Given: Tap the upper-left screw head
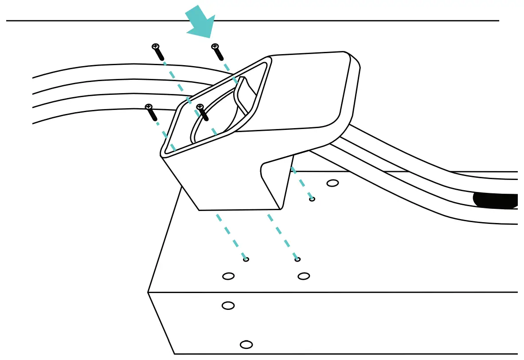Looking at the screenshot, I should [155, 47].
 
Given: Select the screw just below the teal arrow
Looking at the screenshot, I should [215, 47].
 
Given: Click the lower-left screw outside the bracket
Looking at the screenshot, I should [149, 107].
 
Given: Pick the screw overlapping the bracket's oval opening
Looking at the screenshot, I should [200, 107].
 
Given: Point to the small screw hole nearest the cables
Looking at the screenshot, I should [312, 199].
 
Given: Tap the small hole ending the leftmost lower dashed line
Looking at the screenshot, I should [246, 259].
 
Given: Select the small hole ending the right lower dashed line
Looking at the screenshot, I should [297, 259].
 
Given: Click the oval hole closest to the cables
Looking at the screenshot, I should [332, 183].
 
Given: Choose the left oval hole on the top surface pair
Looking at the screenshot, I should [228, 276].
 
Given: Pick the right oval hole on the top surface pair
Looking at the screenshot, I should [304, 276].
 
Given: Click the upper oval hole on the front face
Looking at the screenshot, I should [228, 305].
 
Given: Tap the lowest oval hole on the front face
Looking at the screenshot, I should [246, 344].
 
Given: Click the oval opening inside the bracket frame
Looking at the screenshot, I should [213, 120].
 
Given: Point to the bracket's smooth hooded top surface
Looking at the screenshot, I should [306, 89].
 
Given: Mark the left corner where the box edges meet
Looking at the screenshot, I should [148, 292].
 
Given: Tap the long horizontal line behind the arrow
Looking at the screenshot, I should [355, 20].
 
